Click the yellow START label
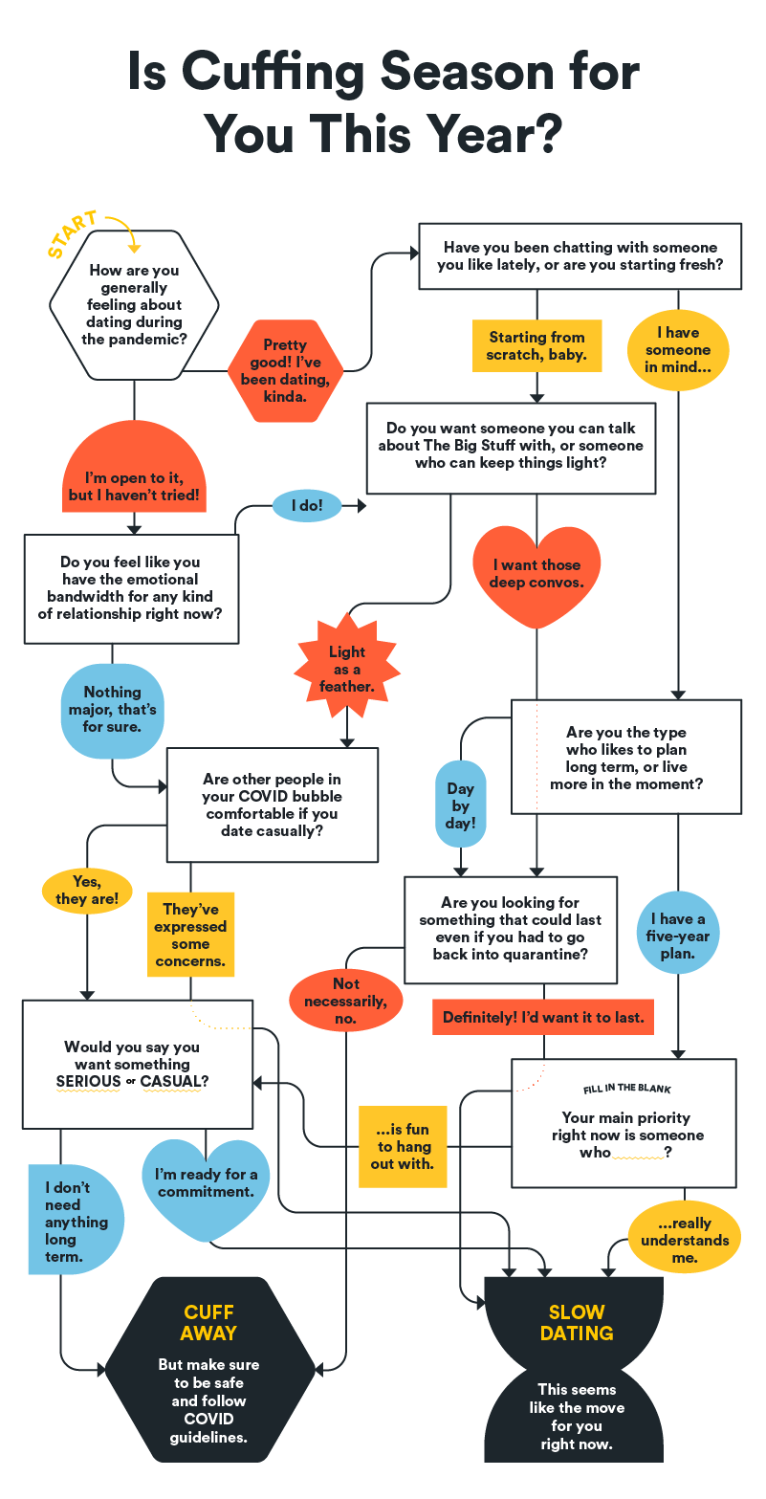(73, 234)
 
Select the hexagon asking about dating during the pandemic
(134, 304)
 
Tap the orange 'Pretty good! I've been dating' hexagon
(285, 370)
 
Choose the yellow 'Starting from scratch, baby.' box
(536, 346)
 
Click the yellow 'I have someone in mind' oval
(678, 350)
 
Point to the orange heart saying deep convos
(536, 574)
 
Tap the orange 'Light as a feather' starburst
(347, 669)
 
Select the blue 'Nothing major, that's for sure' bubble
(112, 709)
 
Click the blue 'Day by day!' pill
(460, 805)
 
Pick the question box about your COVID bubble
(273, 805)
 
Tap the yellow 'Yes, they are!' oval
(87, 891)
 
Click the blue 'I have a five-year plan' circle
(677, 937)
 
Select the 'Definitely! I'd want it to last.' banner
(543, 1018)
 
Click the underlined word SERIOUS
(88, 1082)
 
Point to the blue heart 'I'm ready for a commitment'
(206, 1183)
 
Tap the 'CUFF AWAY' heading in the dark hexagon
(209, 1322)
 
